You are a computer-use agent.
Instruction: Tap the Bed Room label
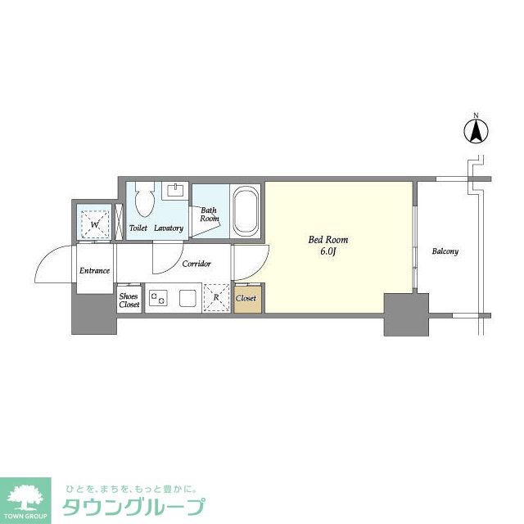328,240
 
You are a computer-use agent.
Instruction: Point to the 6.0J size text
328,251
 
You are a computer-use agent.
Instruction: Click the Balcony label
445,251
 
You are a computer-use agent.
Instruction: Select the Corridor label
196,264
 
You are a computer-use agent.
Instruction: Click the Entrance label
94,270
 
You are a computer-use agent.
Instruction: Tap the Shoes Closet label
129,300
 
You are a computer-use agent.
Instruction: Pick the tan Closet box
246,299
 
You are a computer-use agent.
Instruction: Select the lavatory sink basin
174,191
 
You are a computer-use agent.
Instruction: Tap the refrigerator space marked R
215,298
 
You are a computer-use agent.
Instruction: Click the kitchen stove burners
157,298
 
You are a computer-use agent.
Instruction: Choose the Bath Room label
210,215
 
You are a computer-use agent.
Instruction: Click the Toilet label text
138,228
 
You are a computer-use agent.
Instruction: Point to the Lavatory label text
169,228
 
